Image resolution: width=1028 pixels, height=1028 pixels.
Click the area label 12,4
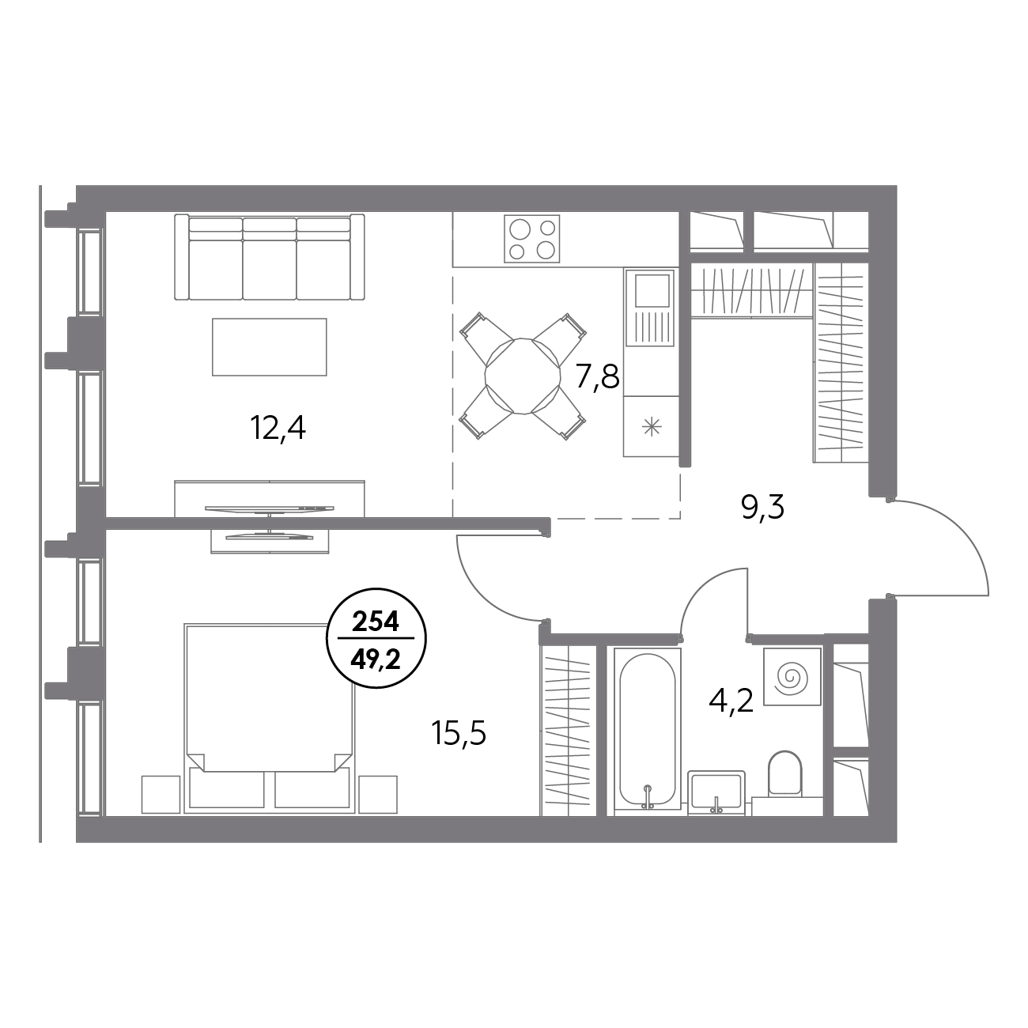[278, 429]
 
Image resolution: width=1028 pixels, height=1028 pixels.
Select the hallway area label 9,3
[762, 508]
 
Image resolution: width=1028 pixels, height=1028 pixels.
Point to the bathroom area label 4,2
[731, 701]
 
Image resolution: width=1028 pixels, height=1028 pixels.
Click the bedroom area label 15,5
[459, 734]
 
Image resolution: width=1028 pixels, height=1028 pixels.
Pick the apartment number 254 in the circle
[376, 622]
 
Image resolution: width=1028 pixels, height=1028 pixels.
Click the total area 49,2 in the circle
[376, 661]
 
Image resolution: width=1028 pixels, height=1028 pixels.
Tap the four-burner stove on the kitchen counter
[532, 239]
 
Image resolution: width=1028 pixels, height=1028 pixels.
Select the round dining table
[523, 376]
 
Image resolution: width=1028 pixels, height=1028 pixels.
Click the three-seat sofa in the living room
[270, 256]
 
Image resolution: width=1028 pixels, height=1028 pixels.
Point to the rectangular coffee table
[270, 347]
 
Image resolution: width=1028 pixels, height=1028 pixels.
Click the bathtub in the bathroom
[648, 731]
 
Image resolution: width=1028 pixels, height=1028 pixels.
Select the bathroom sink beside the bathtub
[716, 792]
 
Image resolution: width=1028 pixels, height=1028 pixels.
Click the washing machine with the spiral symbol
[792, 676]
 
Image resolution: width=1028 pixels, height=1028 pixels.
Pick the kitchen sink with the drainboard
[651, 308]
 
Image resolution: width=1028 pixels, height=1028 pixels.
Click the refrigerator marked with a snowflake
[651, 426]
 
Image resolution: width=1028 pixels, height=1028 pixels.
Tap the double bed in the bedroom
[270, 717]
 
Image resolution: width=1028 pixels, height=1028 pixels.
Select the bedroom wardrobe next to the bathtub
[568, 730]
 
